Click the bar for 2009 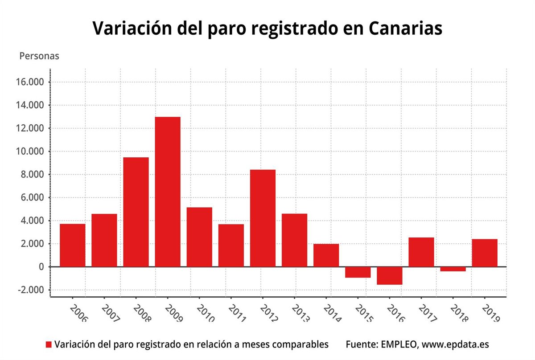[x=168, y=192]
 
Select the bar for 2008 [x=136, y=212]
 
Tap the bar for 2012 [x=263, y=218]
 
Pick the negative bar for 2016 [x=390, y=275]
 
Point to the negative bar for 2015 [x=358, y=272]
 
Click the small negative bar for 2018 [x=453, y=269]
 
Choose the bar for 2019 [x=485, y=253]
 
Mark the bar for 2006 [x=73, y=245]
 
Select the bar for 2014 [x=326, y=255]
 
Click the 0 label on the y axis [x=41, y=267]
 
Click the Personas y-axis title [x=39, y=57]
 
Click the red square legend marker [x=49, y=345]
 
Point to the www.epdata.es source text [x=455, y=345]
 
